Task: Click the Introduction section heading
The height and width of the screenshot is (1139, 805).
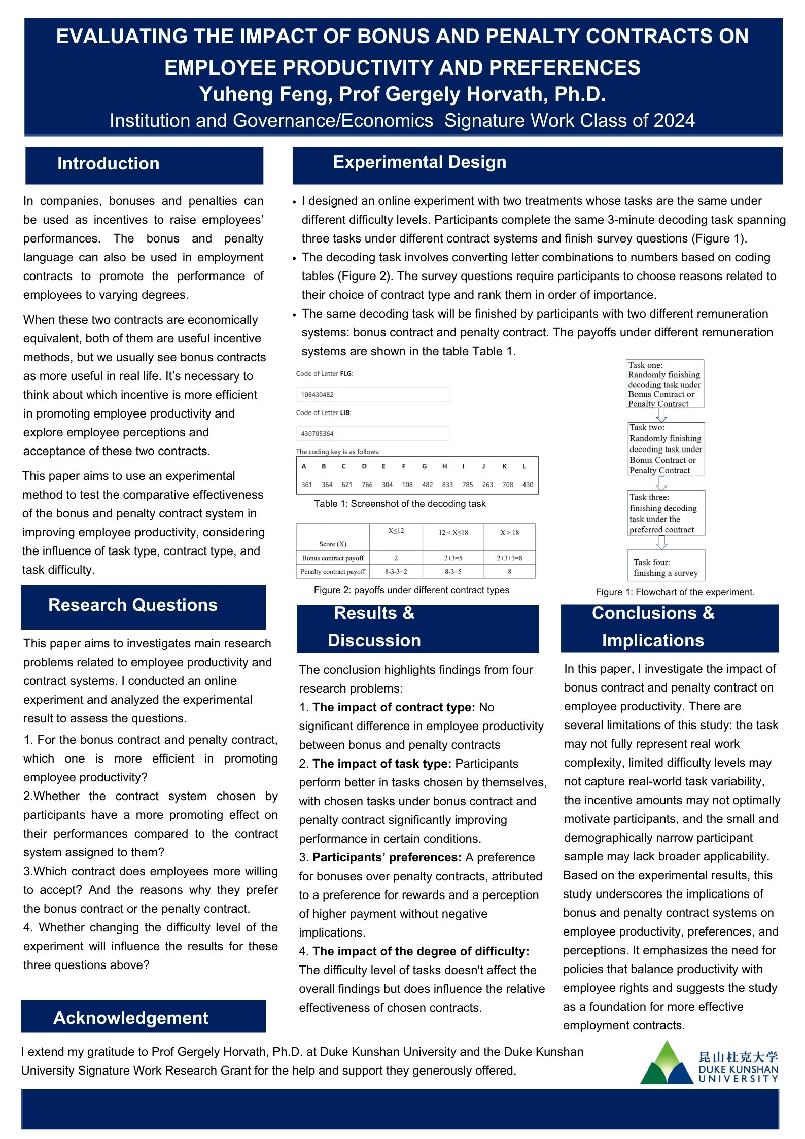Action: pos(108,164)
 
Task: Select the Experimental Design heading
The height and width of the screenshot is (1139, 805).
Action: pos(419,162)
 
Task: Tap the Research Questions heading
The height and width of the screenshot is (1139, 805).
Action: pos(132,605)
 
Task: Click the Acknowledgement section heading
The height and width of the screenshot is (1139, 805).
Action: pos(131,1018)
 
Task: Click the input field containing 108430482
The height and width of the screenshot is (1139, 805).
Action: pos(373,395)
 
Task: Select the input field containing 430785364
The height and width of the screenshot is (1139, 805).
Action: pos(373,434)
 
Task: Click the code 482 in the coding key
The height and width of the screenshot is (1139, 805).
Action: pos(427,485)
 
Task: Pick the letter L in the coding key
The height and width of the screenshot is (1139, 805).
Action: pos(524,466)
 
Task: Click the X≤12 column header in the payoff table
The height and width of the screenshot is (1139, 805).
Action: pos(396,531)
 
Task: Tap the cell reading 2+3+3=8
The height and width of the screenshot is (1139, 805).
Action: pos(509,558)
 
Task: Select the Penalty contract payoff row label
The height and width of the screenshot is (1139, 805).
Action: pos(333,572)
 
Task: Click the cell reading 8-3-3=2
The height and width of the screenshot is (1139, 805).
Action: pos(396,572)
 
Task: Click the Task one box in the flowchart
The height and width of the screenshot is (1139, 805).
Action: pos(665,384)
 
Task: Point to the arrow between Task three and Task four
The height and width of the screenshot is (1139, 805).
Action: pos(661,542)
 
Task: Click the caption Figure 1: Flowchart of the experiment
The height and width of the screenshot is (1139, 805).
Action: pos(675,592)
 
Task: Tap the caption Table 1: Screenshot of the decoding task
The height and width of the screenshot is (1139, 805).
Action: pos(400,504)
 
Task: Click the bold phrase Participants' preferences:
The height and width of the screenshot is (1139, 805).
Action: pos(387,857)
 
